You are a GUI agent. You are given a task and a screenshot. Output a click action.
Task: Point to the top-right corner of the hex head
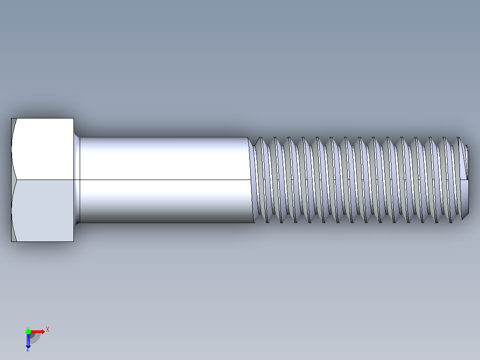[73, 119]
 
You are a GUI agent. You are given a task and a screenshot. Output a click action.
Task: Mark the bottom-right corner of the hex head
[73, 241]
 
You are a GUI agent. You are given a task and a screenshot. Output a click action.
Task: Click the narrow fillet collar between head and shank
[77, 180]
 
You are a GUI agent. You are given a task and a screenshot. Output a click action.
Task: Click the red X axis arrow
[37, 331]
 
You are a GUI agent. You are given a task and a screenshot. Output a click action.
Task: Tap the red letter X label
[47, 329]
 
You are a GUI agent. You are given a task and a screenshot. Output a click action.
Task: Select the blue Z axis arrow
[28, 340]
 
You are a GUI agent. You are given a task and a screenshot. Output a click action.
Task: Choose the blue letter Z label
[28, 350]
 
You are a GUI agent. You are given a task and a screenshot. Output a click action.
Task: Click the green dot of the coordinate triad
[28, 331]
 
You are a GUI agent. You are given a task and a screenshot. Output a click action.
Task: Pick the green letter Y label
[28, 327]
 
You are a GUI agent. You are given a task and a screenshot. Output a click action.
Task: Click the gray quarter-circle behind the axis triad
[34, 338]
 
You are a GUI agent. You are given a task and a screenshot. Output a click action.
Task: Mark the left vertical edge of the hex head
[11, 180]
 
